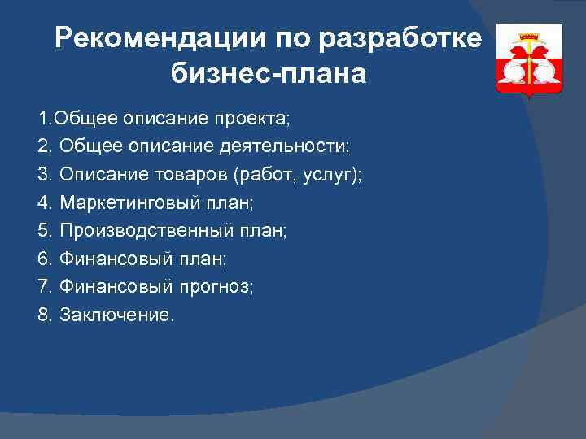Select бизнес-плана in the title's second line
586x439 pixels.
pos(269,74)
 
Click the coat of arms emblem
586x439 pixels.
pos(530,61)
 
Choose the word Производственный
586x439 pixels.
pos(135,230)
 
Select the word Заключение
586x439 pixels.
pos(116,315)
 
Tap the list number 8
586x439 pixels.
pos(44,315)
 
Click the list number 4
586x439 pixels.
pos(44,202)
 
